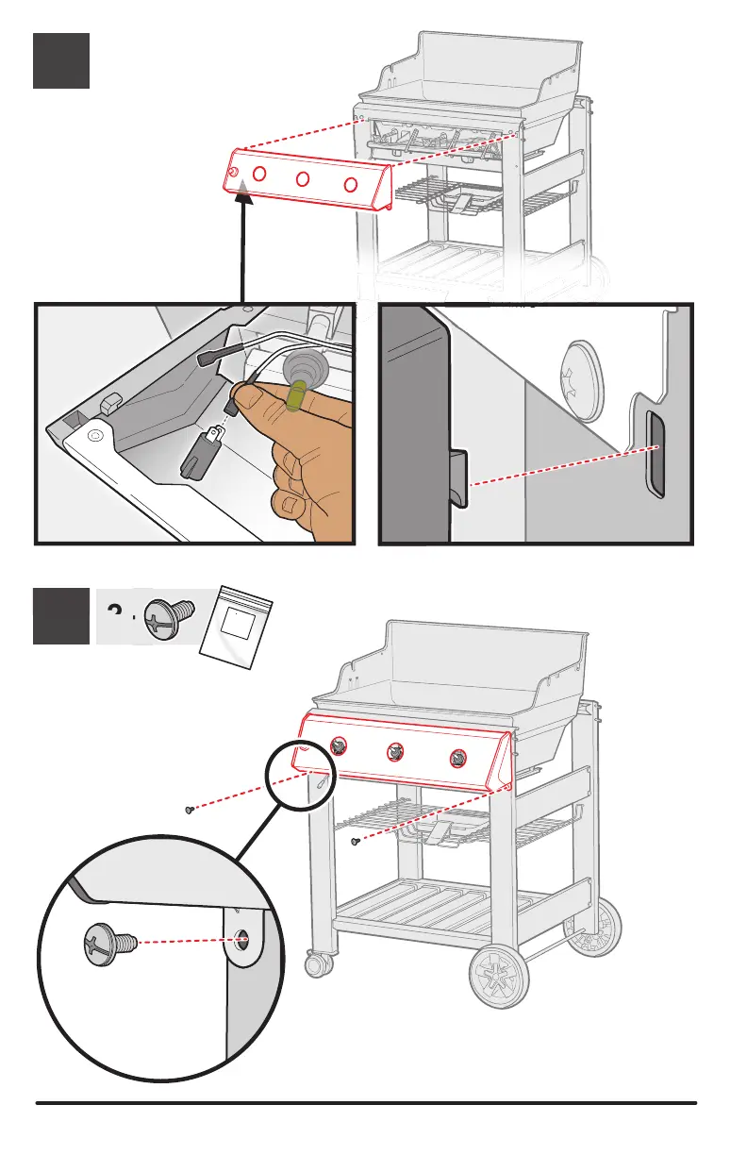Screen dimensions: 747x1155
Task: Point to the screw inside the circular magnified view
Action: click(107, 941)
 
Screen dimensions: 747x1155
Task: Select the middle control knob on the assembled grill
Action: click(392, 752)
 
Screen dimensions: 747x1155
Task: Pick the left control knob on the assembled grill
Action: click(337, 747)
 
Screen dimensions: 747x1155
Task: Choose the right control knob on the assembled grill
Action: click(459, 757)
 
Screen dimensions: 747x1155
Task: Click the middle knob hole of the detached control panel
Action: click(303, 179)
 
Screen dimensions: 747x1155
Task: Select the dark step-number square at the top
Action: click(61, 60)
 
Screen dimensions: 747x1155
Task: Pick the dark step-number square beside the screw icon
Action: click(61, 616)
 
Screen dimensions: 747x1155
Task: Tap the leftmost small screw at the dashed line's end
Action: click(190, 809)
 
